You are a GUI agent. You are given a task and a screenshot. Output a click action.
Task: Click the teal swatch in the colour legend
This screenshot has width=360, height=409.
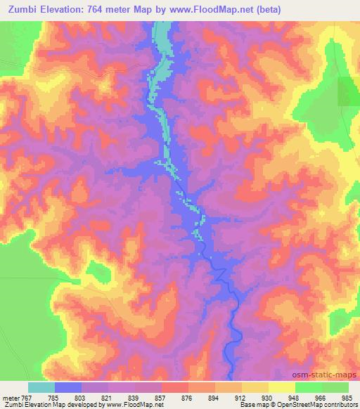[41, 388]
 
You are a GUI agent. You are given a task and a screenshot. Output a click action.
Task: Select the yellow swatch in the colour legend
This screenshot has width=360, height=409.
[281, 388]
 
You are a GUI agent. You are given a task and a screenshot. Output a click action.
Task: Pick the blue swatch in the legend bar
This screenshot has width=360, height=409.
[68, 388]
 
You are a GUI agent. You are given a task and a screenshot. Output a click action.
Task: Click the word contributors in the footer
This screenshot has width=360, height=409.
[339, 404]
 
